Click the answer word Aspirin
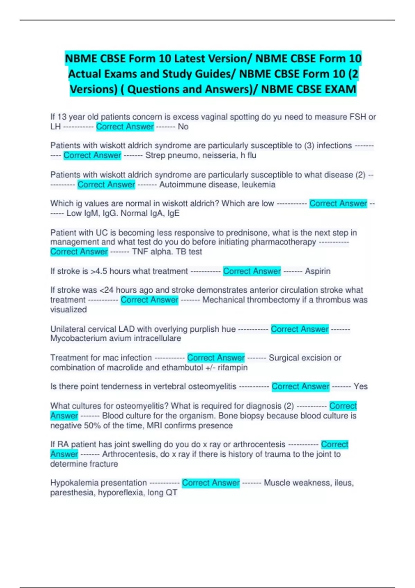[317, 271]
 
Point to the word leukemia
[258, 185]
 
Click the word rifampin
[232, 367]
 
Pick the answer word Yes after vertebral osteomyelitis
[360, 386]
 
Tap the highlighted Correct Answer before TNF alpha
[79, 252]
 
